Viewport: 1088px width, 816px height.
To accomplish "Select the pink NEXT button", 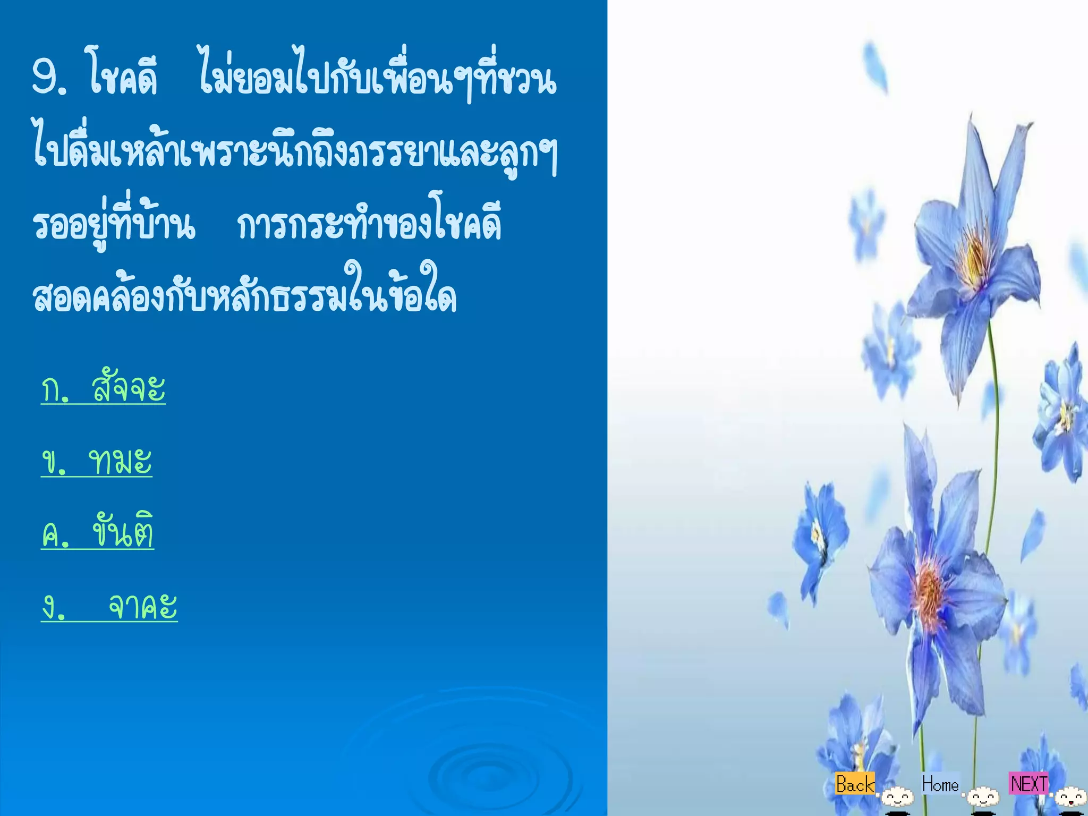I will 1029,784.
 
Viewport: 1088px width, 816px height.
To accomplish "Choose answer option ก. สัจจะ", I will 104,388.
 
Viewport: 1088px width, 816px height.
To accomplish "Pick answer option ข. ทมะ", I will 97,461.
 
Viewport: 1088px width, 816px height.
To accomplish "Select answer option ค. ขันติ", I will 98,532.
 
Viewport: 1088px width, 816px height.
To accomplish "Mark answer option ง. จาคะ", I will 109,606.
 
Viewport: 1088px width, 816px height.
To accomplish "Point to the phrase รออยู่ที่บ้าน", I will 114,223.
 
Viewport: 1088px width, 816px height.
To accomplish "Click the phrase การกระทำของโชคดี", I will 369,223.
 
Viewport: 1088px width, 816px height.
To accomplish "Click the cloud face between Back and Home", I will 898,797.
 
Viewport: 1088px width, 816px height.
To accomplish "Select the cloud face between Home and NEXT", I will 983,797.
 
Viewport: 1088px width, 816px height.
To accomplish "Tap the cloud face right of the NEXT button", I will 1070,797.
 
